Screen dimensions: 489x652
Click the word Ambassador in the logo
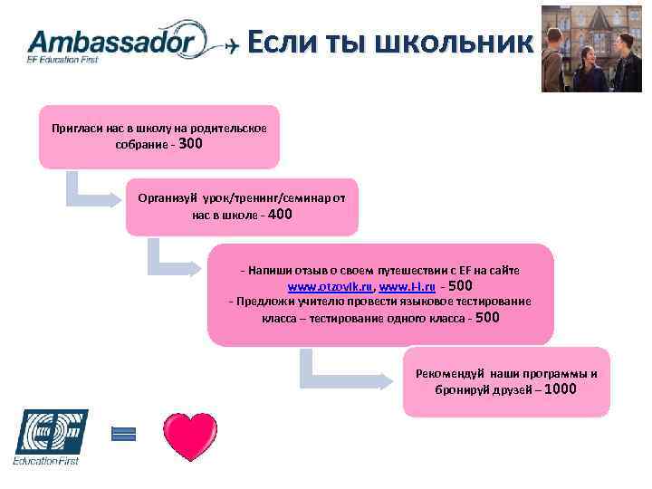(110, 41)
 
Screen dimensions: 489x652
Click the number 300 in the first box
(192, 144)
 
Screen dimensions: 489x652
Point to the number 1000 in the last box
(561, 390)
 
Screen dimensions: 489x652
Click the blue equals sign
(122, 434)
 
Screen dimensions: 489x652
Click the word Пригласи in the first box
(72, 128)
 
